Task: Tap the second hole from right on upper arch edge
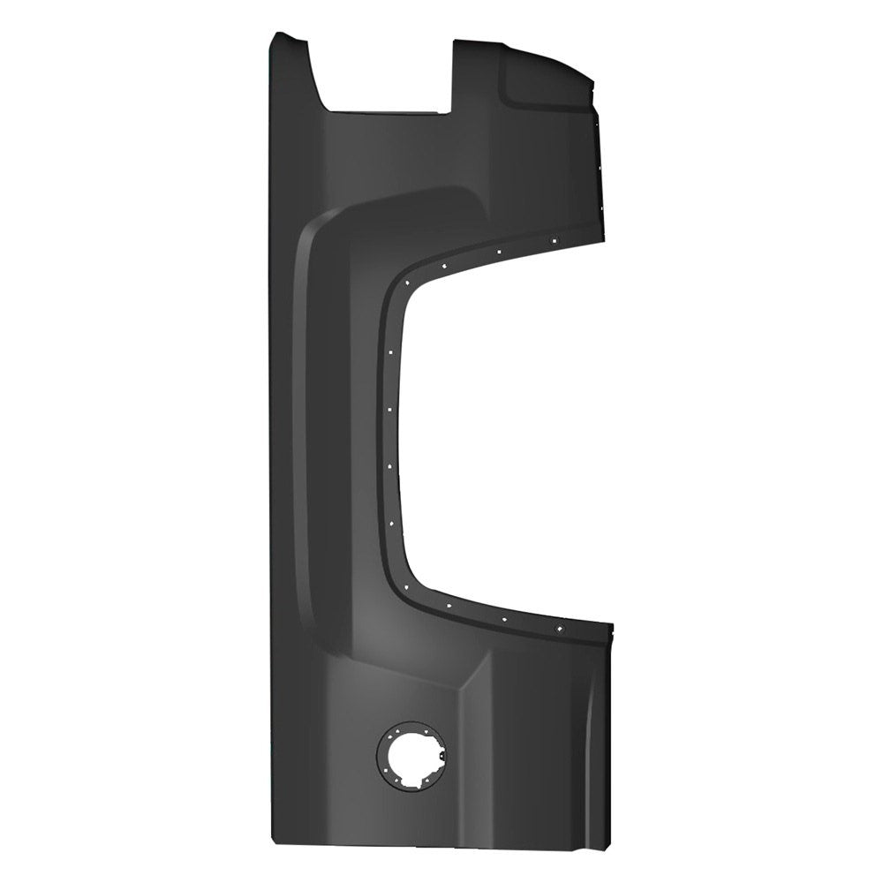click(499, 252)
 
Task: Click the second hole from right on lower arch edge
click(504, 619)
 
